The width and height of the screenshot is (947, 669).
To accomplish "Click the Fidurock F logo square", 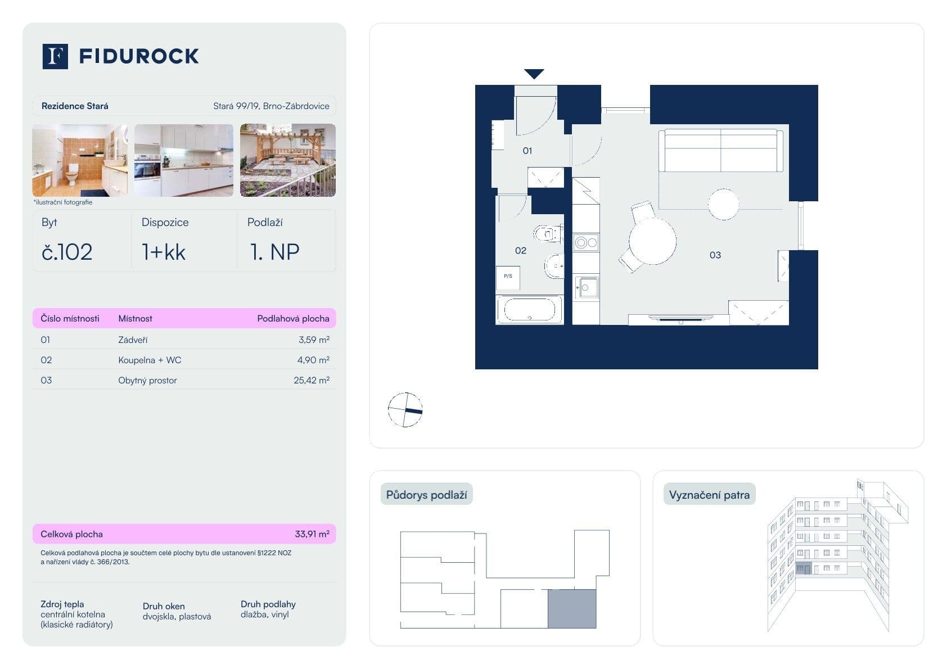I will click(x=55, y=56).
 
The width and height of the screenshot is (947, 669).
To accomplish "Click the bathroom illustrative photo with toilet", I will click(x=80, y=160).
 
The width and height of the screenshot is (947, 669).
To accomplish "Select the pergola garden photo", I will click(x=288, y=160).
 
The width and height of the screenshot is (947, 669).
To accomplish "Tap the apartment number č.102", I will click(x=67, y=252).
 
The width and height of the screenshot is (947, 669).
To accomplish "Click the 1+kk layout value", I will click(x=164, y=252).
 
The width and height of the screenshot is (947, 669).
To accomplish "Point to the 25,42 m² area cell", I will click(x=311, y=381).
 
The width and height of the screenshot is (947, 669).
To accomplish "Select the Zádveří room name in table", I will click(x=133, y=340).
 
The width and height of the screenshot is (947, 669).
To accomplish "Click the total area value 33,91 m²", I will click(x=312, y=534).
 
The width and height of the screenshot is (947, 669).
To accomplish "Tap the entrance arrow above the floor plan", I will click(x=534, y=74).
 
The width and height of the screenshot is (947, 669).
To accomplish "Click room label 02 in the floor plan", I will click(x=521, y=251).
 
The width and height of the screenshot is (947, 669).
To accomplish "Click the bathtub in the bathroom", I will click(x=529, y=310).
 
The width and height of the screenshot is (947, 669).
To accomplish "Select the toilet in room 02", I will click(x=547, y=233).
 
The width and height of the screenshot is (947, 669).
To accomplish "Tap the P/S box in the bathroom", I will click(x=508, y=277).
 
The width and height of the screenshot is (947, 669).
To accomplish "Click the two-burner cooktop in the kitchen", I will click(x=586, y=243).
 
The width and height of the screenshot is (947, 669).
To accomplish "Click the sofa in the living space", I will click(x=720, y=150).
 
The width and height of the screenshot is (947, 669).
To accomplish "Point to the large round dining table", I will click(x=652, y=241).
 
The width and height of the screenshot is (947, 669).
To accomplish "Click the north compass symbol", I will click(x=405, y=410).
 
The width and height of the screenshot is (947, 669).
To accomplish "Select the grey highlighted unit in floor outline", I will click(x=572, y=609).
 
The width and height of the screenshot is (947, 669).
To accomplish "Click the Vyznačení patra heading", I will click(x=709, y=495).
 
